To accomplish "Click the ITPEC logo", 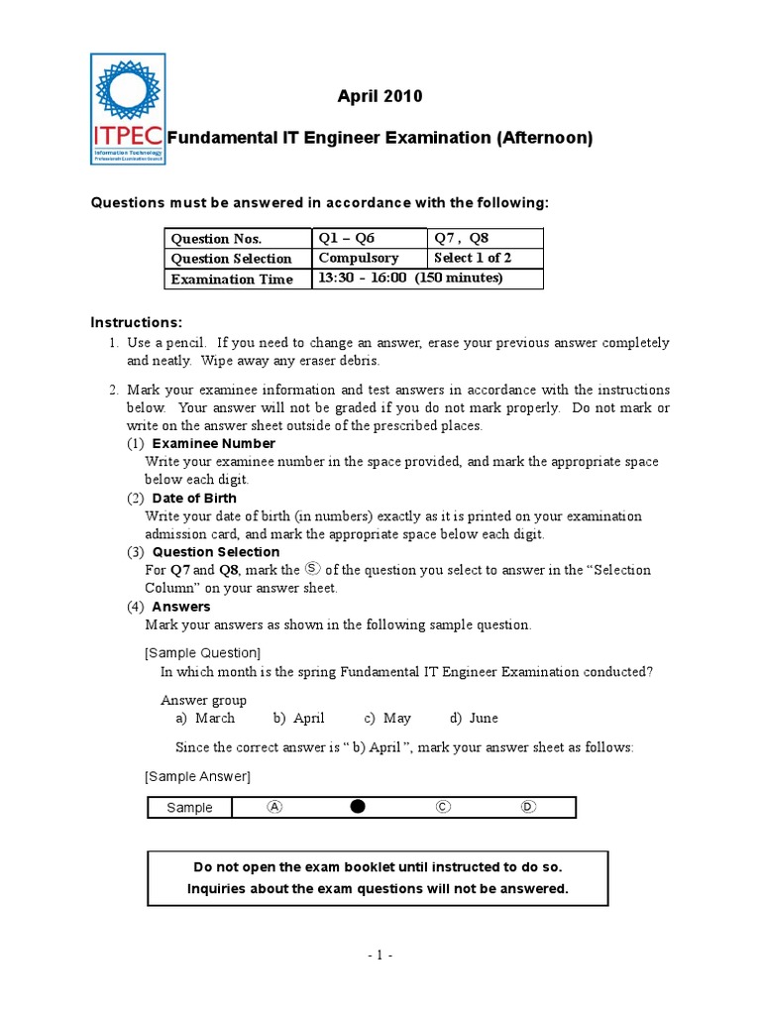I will (128, 109).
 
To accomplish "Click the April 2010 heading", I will (380, 96).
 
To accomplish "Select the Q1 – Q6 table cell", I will (370, 238).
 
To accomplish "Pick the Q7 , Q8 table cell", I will (486, 238).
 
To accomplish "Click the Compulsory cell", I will (370, 258).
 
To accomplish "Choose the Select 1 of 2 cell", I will (486, 258).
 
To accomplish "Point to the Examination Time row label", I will (233, 280).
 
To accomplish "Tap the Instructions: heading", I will (137, 323).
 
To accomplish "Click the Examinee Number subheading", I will (213, 443).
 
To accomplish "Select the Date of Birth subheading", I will (194, 498).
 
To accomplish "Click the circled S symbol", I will (312, 568).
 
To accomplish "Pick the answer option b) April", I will (299, 718).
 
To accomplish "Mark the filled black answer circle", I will (358, 807).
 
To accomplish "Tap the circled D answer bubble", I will (528, 807).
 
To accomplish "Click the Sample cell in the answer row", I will (189, 807).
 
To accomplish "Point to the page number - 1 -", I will (380, 956).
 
